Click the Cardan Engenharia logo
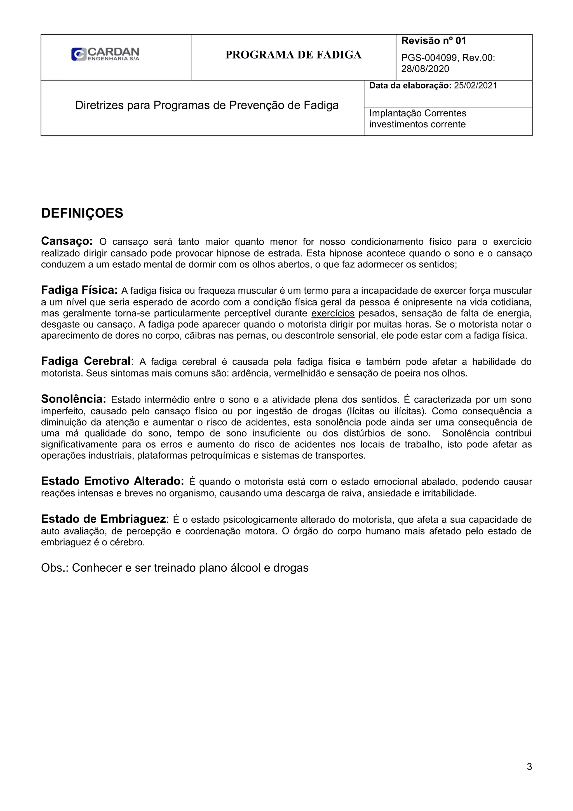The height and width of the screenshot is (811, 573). pyautogui.click(x=105, y=54)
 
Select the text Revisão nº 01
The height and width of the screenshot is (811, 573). pyautogui.click(x=434, y=41)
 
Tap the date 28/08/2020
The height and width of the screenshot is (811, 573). pyautogui.click(x=425, y=69)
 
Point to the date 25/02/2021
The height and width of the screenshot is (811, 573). pyautogui.click(x=475, y=85)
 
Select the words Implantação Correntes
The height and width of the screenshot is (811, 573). pyautogui.click(x=417, y=113)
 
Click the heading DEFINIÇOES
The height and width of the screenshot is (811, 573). pyautogui.click(x=82, y=213)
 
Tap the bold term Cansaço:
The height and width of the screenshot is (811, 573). pyautogui.click(x=67, y=241)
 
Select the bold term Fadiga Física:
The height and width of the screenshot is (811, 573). pyautogui.click(x=79, y=290)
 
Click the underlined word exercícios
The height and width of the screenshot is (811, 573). pyautogui.click(x=333, y=313)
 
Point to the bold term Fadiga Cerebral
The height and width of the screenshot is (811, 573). pyautogui.click(x=86, y=361)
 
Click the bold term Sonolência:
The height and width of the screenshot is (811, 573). pyautogui.click(x=73, y=399)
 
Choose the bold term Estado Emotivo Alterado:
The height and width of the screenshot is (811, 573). pyautogui.click(x=112, y=481)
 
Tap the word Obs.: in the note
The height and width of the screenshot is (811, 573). pyautogui.click(x=55, y=568)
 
